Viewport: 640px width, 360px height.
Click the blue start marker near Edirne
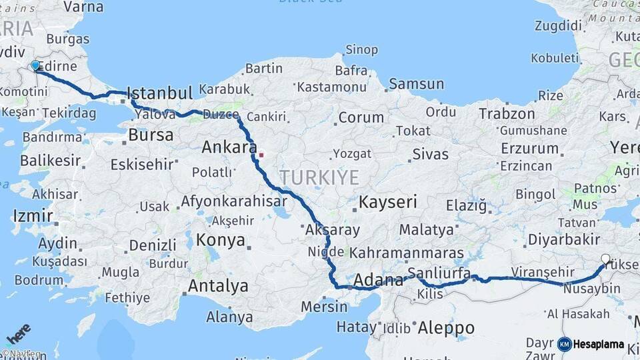click(35, 65)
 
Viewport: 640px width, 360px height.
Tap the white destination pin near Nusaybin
click(605, 259)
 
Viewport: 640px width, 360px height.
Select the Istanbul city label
click(159, 93)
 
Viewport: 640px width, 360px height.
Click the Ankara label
click(229, 147)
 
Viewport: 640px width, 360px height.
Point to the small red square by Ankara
click(261, 155)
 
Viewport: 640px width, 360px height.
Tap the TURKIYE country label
click(319, 177)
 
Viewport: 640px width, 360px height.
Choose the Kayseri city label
click(388, 201)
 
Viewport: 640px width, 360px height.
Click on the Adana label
click(379, 279)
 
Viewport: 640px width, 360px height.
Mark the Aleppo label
click(446, 328)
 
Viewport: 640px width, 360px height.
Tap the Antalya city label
click(218, 286)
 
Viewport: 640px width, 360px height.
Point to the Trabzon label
click(507, 113)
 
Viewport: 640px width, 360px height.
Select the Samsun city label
click(416, 84)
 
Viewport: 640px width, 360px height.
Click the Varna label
click(83, 7)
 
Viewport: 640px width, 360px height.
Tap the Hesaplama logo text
click(599, 344)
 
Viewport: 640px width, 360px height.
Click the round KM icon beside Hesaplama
click(565, 344)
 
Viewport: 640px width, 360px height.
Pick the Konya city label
click(221, 240)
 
